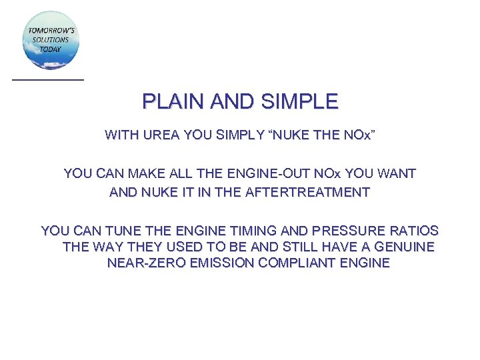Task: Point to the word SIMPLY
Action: tap(240, 135)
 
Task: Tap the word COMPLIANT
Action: tap(287, 263)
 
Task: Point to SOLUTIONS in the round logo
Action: tap(50, 40)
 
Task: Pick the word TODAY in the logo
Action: tap(50, 49)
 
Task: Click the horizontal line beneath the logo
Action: tap(48, 80)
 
